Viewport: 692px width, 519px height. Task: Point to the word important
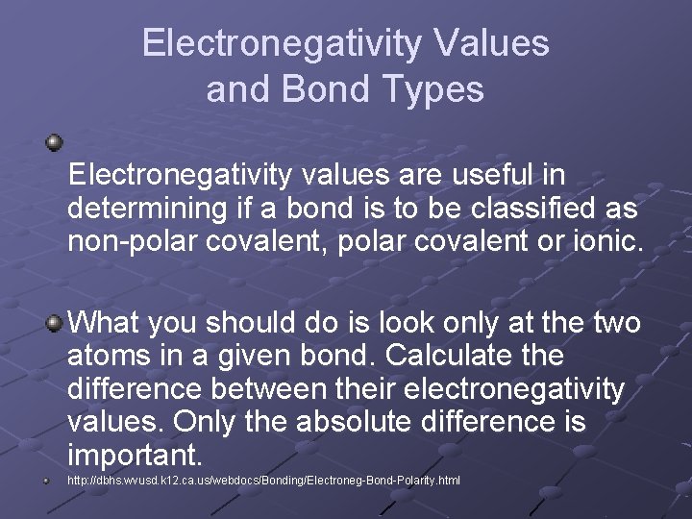click(x=135, y=454)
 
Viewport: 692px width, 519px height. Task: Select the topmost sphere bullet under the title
click(x=56, y=143)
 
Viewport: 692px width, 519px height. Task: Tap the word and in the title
click(x=234, y=89)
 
